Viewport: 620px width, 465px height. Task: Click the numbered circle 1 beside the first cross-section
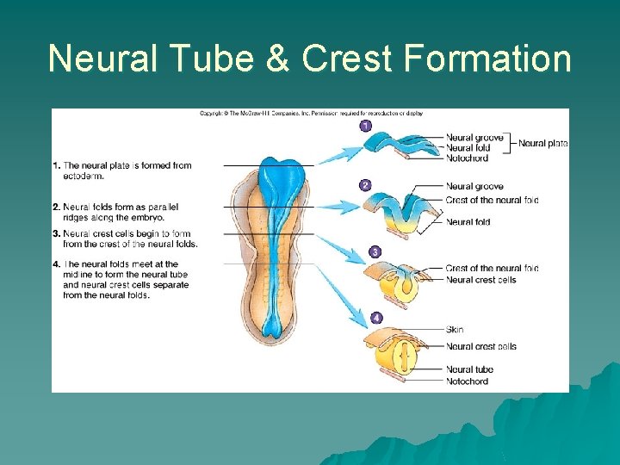(x=365, y=126)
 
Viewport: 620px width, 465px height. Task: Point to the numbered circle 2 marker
(x=365, y=185)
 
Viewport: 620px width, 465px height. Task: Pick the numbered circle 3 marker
(x=375, y=251)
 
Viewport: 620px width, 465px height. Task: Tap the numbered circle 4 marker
(x=376, y=318)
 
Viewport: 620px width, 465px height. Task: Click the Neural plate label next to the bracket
(x=542, y=143)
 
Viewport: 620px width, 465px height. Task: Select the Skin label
(x=455, y=330)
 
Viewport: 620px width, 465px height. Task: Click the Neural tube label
(x=469, y=369)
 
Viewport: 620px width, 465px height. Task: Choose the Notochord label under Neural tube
(x=467, y=381)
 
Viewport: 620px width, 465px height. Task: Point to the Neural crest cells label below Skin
(x=480, y=346)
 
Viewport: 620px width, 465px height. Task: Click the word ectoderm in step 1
(x=83, y=176)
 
